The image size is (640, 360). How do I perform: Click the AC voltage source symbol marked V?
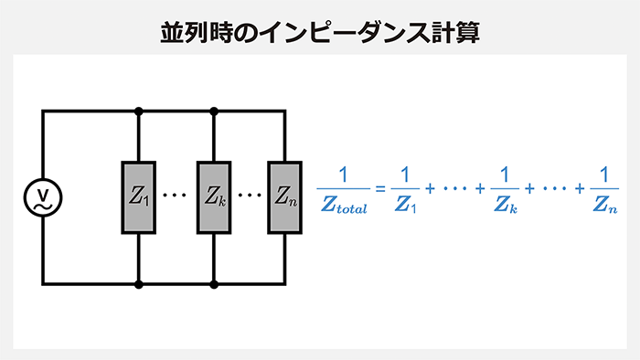[x=42, y=196]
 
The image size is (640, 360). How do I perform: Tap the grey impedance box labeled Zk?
[x=214, y=196]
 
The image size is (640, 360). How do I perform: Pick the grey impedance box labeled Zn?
[x=283, y=196]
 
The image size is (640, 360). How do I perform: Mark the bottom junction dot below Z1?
[x=139, y=284]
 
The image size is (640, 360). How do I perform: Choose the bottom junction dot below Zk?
[x=214, y=284]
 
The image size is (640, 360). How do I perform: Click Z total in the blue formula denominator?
[x=344, y=207]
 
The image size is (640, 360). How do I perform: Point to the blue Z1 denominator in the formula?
[x=404, y=207]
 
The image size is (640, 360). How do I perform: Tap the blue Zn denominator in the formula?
[x=604, y=207]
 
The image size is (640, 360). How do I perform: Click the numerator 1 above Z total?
[x=344, y=175]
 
